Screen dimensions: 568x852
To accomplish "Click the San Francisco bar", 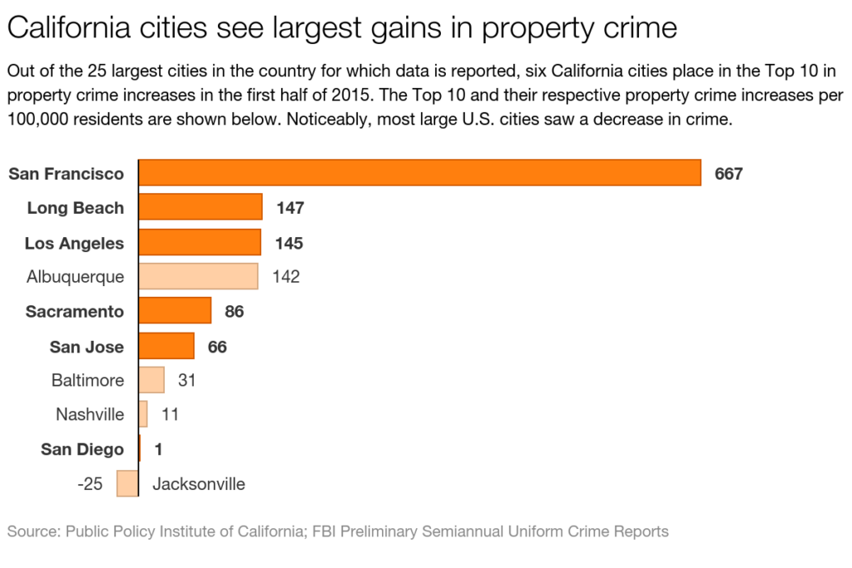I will click(x=419, y=173).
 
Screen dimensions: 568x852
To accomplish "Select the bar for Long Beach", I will click(x=200, y=207).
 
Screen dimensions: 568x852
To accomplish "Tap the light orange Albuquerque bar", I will click(x=198, y=276).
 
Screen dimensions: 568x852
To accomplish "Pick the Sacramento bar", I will click(x=174, y=311).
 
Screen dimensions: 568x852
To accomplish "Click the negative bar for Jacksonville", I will click(x=127, y=483).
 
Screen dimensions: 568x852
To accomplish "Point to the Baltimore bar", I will click(x=151, y=380).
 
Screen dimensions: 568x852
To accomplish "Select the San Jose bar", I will click(x=166, y=346).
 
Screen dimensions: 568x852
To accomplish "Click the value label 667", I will click(x=728, y=174).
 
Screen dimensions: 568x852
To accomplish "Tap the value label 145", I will click(x=290, y=243).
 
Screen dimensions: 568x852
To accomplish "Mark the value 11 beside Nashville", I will click(x=170, y=414).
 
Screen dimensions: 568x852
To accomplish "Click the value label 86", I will click(x=234, y=312).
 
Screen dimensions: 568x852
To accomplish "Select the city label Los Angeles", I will click(x=74, y=243).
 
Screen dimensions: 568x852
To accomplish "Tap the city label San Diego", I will click(x=82, y=449).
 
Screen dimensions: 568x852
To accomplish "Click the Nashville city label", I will click(x=90, y=414).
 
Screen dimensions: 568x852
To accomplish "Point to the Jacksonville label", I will click(x=199, y=483).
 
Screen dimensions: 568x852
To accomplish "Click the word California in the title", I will click(x=68, y=28).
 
